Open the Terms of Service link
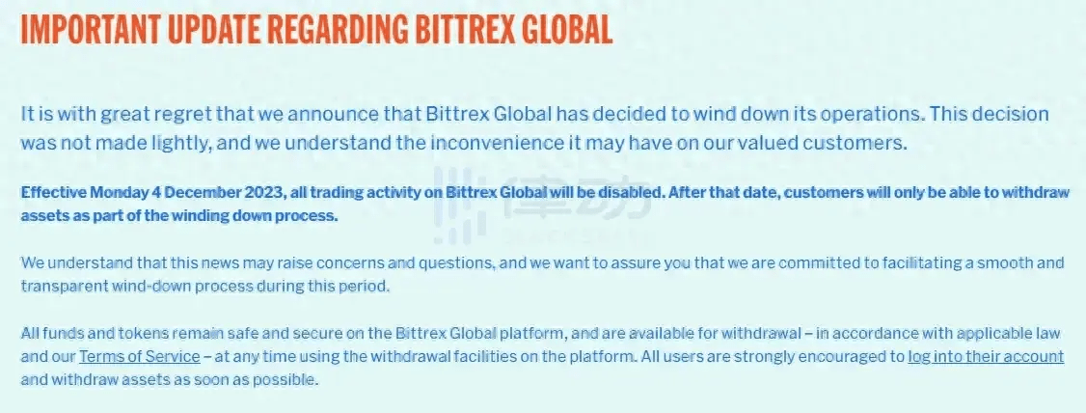139,357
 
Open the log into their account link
986,357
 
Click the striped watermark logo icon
459,202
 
